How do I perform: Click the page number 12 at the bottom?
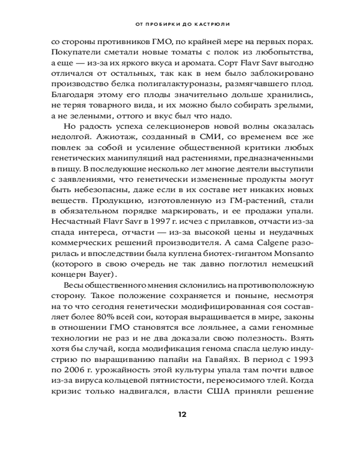(x=182, y=414)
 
